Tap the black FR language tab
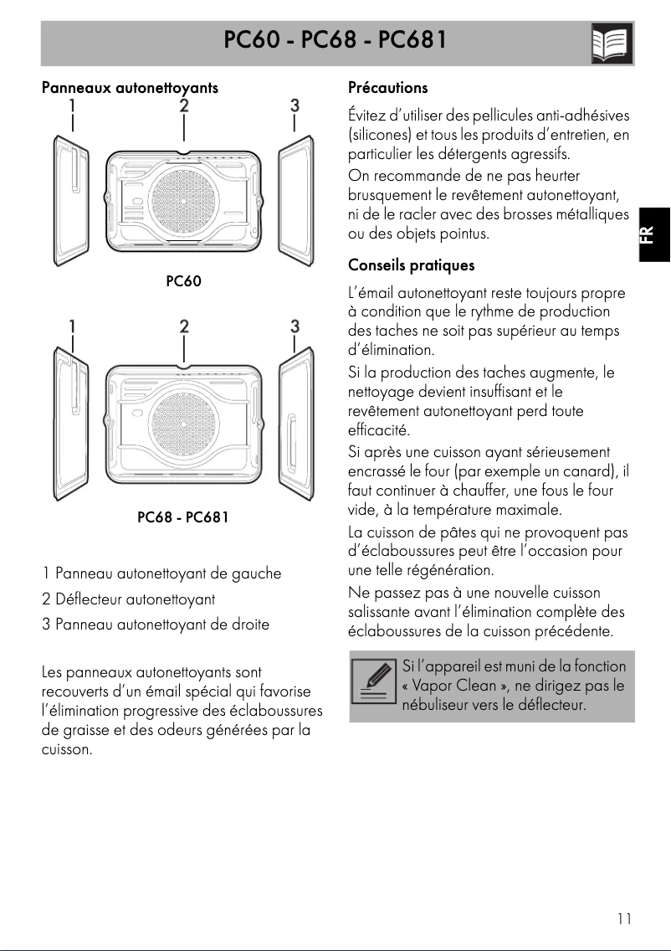(x=654, y=235)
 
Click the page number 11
(x=624, y=918)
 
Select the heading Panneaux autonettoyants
(x=130, y=87)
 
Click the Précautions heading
(x=387, y=87)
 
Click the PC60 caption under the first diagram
(x=183, y=281)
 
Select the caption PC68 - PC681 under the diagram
(x=182, y=517)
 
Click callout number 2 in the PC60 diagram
(x=183, y=106)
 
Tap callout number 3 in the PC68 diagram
(x=295, y=325)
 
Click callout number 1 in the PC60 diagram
(x=74, y=106)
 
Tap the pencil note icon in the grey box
(x=374, y=686)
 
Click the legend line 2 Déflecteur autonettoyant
(x=129, y=599)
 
